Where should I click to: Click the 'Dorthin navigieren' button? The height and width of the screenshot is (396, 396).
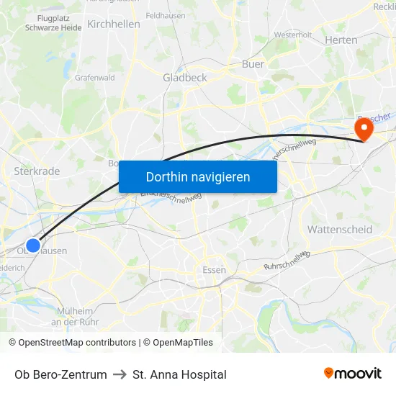pos(197,176)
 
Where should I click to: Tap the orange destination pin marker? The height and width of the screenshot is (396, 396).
pos(364,128)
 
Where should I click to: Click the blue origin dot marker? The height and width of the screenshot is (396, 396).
pos(33,246)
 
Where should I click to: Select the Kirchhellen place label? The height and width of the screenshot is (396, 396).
pos(114,24)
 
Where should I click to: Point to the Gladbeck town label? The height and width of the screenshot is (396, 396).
pos(185,78)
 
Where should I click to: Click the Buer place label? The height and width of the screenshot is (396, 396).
pos(253,64)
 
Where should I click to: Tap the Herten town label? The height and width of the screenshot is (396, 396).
pos(341,40)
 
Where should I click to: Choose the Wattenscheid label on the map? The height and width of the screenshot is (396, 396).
pos(340,230)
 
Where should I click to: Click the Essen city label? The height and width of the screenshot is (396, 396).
pos(215,270)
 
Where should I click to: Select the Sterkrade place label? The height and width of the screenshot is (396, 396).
pos(37,171)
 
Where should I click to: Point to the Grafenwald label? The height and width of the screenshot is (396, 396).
pos(95,77)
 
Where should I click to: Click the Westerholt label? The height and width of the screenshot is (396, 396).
pos(292,34)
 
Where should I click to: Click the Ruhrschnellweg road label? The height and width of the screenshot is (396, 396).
pos(287,261)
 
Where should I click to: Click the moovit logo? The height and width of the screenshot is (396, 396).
pos(353,374)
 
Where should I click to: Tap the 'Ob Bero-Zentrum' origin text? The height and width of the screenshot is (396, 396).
pos(60,374)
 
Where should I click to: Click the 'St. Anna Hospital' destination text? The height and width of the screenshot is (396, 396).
pos(179,374)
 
